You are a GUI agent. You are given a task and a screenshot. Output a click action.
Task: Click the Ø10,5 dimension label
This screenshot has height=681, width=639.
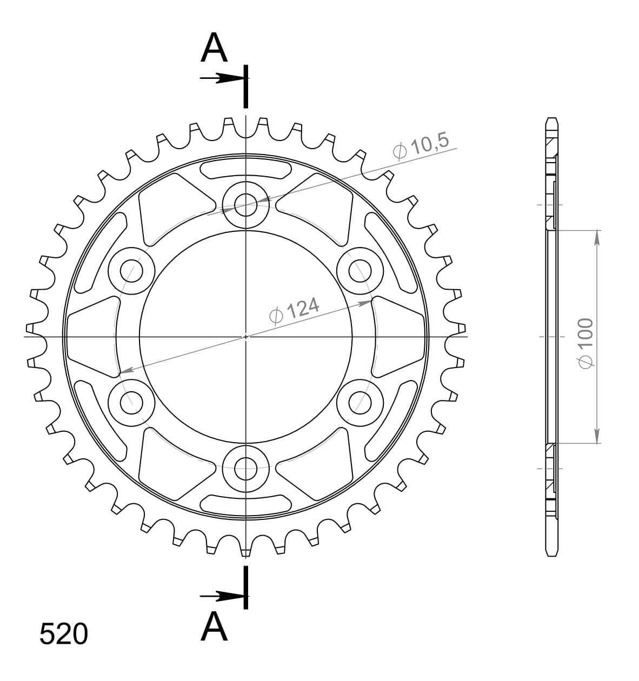(x=422, y=146)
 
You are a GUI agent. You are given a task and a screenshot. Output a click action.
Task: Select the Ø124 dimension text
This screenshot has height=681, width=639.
(x=295, y=310)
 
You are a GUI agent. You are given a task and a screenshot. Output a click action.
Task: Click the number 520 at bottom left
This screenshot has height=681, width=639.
(x=63, y=634)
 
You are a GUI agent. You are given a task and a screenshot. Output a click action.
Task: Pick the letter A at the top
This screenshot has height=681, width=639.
(x=214, y=48)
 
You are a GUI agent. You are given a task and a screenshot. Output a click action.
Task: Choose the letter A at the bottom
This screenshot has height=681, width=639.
(x=214, y=627)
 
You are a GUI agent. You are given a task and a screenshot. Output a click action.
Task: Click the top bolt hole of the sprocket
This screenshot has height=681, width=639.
(x=246, y=205)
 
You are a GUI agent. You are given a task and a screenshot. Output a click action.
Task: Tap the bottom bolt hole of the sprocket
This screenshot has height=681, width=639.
(x=246, y=468)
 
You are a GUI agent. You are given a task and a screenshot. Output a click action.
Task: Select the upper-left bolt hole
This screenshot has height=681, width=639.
(x=131, y=271)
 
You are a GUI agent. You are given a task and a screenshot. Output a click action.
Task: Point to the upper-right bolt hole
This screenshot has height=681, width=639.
(x=360, y=270)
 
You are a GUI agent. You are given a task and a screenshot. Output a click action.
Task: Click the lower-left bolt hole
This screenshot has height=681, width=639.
(x=131, y=402)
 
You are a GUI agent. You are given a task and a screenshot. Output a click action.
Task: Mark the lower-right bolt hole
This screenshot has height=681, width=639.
(x=360, y=402)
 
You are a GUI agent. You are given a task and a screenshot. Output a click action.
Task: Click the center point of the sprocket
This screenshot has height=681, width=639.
(x=246, y=336)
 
